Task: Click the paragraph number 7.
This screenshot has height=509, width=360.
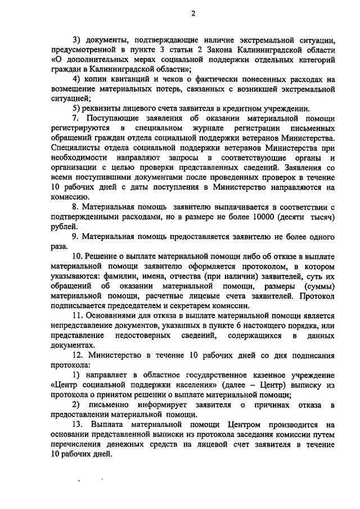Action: [78, 119]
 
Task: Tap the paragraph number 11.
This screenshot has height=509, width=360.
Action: [79, 316]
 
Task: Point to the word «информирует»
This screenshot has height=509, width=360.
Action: [167, 404]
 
